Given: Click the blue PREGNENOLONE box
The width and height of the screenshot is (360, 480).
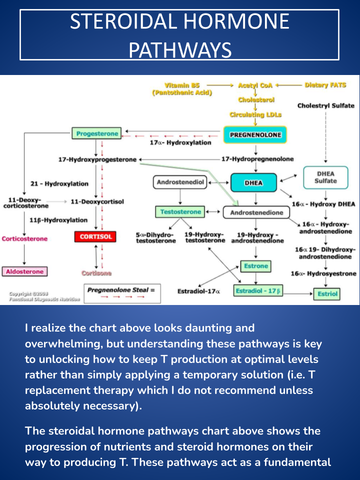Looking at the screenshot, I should [x=255, y=134].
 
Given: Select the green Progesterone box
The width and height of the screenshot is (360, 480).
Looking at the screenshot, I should [x=97, y=133].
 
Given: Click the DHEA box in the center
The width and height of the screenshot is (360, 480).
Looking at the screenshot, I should [x=253, y=183].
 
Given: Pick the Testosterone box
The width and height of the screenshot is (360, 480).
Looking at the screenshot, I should [x=180, y=212].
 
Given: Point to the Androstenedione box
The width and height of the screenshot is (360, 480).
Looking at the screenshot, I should [x=256, y=212].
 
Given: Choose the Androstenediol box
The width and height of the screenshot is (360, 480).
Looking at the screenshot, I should [x=180, y=182].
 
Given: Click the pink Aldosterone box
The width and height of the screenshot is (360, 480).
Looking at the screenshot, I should [x=24, y=271].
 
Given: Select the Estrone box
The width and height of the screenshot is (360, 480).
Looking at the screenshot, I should [x=256, y=266].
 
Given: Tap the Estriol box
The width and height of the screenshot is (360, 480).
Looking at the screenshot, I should [x=327, y=294].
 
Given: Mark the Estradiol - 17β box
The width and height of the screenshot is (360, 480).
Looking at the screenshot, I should [x=257, y=290].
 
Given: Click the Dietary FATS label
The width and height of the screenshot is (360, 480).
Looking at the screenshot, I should [x=325, y=85].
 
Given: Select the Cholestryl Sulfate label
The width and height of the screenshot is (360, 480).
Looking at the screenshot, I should [x=325, y=105].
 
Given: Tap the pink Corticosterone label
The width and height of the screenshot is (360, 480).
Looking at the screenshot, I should [x=24, y=238].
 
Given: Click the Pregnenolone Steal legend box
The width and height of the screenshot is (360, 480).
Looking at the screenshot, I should [x=122, y=293].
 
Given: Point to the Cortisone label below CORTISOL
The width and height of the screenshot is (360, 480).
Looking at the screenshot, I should [x=96, y=273].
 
